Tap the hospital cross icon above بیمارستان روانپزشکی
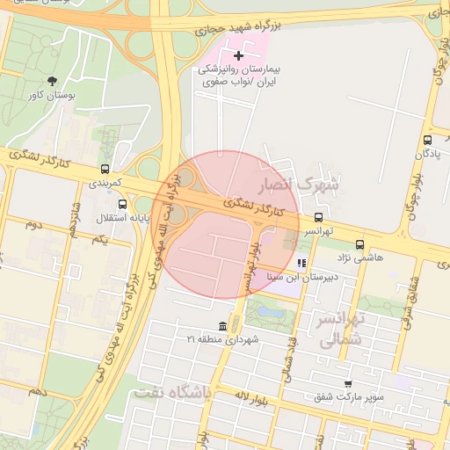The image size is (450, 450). click(x=238, y=55)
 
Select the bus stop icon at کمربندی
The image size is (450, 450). click(x=105, y=170)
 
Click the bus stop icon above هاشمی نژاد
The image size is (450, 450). click(x=359, y=244)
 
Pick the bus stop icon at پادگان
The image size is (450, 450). click(x=427, y=139)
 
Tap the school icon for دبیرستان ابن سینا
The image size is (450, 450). click(x=301, y=263)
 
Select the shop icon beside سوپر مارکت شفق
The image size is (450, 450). click(x=348, y=384)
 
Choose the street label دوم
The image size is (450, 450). click(x=34, y=225)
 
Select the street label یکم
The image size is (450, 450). click(x=99, y=239)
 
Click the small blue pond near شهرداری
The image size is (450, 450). click(x=268, y=311)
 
